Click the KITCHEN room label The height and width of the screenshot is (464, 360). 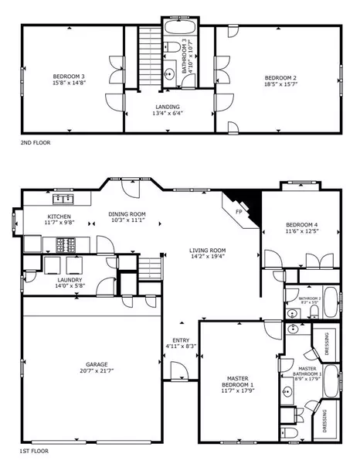(x=59, y=217)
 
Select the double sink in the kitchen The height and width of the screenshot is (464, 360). (x=60, y=199)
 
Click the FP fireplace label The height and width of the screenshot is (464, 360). (x=239, y=210)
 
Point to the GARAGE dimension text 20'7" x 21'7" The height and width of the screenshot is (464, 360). (x=97, y=371)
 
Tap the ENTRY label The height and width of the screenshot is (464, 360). (x=181, y=340)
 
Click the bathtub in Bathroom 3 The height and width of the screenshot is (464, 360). (x=174, y=33)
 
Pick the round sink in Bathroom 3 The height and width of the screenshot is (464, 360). (x=169, y=75)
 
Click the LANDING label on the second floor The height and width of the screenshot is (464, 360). (x=167, y=107)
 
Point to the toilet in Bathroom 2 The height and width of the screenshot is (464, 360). (x=314, y=310)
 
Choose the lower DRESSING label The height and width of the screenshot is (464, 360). (x=325, y=421)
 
